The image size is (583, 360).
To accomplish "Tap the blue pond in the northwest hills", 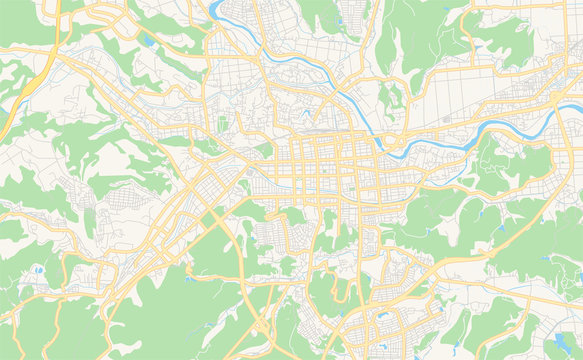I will click(149, 41).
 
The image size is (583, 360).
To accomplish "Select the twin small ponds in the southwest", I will click(38, 270).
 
